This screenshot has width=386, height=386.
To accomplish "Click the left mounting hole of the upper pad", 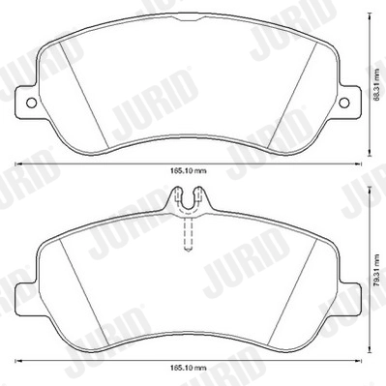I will pos(30,101).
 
